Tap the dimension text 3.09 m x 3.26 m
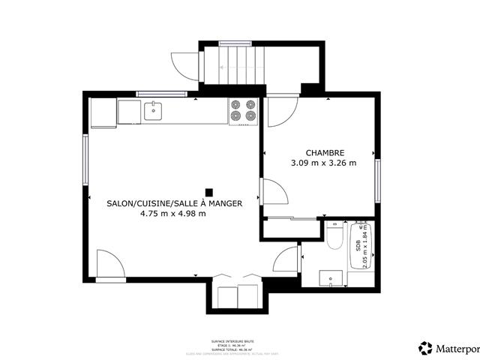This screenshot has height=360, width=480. click(x=323, y=162)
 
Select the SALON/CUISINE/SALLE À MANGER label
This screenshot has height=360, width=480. click(x=173, y=202)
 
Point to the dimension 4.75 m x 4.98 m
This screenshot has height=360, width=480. click(x=173, y=214)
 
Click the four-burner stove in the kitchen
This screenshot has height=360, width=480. click(x=243, y=110)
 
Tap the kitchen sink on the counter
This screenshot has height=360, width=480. click(x=154, y=111)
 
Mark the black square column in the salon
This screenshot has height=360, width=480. click(x=210, y=191)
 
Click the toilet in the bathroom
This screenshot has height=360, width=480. click(x=335, y=237)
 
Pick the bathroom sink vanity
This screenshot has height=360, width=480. click(x=331, y=278)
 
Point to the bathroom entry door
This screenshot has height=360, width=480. click(x=286, y=259)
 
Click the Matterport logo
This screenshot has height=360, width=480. click(x=448, y=349)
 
